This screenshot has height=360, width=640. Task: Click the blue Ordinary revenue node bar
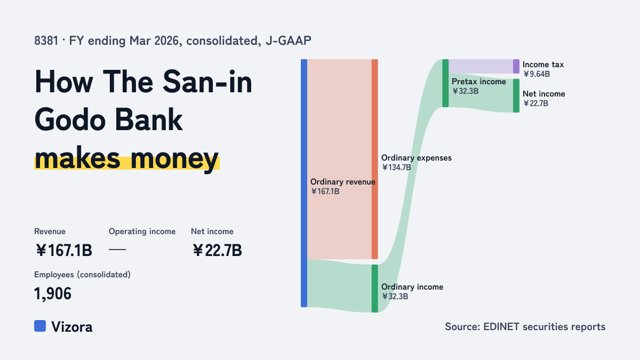304,183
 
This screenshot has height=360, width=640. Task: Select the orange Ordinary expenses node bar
375,159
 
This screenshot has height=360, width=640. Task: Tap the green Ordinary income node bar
375,289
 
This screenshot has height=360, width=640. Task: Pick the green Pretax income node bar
445,83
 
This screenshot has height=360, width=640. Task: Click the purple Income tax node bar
516,66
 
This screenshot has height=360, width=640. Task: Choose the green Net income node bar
516,95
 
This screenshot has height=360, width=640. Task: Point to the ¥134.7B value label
396,167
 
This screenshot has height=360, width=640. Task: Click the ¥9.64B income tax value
537,74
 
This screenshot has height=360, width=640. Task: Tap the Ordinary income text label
412,287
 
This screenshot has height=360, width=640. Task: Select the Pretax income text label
479,82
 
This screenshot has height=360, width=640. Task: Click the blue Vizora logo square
40,326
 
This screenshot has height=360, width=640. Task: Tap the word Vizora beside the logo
72,327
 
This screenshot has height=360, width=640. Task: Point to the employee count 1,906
53,294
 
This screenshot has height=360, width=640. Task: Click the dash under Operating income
117,250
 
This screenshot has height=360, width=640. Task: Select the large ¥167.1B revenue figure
63,250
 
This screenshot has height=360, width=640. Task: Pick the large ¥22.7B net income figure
217,250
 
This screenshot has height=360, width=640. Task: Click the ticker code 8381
46,41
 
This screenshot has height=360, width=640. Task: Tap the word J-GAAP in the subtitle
289,41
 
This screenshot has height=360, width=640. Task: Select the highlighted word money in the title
174,159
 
